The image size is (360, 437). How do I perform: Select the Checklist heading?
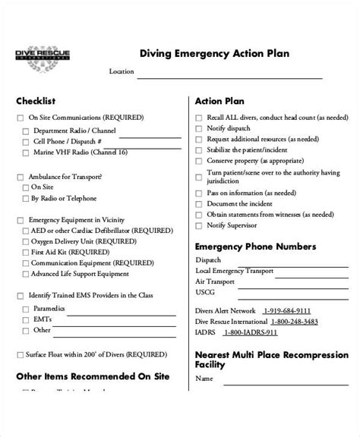36,101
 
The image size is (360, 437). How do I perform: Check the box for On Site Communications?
20,118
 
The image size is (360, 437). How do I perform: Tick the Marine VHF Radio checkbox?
27,152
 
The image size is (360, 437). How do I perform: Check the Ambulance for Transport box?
20,175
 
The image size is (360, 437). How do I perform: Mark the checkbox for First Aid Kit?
27,251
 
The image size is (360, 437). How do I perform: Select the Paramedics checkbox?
27,310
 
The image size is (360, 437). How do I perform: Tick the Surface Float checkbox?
20,354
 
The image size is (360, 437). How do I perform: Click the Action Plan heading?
219,101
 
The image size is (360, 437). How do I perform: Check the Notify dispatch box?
199,129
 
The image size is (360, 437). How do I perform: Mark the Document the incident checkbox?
199,204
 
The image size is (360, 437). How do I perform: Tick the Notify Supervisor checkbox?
199,226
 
